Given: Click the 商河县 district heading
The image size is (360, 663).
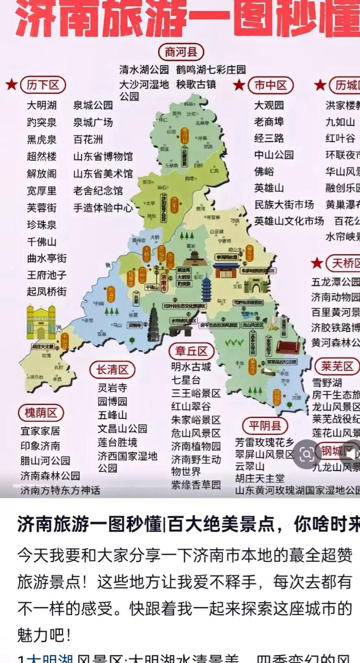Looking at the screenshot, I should coord(181,52).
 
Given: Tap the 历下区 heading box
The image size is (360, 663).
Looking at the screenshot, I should coord(43,85).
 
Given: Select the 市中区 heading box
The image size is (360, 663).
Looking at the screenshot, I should coord(270,85).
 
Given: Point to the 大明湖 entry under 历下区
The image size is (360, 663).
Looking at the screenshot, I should coord(42,105).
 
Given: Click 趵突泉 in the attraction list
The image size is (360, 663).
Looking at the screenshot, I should coord(42,122).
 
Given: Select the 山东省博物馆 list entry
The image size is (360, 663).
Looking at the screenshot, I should coord(103,157).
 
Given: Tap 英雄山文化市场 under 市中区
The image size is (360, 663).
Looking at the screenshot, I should coord(289,221).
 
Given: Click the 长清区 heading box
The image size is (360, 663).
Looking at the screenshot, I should coord(112,370).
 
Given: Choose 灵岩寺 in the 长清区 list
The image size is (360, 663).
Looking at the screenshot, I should coord(112,388).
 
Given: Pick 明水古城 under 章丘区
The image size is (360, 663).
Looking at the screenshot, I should coord(191,367).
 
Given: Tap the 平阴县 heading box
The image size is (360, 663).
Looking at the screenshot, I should coord(265,425).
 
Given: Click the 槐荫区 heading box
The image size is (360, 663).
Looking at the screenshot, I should coord(41,413).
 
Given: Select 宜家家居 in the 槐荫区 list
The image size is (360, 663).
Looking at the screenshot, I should coord(40,431).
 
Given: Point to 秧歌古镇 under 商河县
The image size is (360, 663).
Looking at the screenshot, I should coord(196,84).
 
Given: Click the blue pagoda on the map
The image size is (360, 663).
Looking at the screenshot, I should coord(207,288).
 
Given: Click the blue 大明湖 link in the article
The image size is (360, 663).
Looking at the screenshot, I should coord(49,658).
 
